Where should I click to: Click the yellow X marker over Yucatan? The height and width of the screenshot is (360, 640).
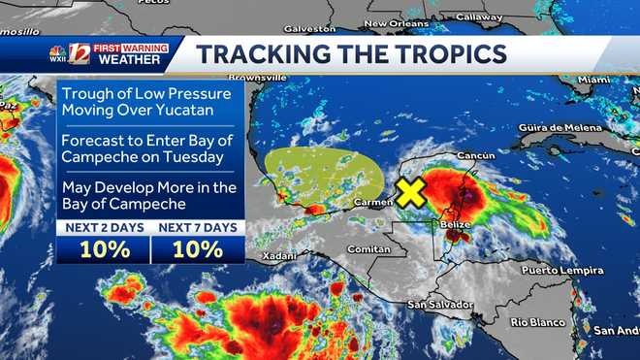(x=411, y=192)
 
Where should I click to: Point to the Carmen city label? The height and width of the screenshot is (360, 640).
(x=373, y=203)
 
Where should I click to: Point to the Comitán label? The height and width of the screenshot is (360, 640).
(x=369, y=249)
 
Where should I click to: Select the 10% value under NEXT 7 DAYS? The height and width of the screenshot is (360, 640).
(x=197, y=248)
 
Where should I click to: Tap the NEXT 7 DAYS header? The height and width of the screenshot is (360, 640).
(x=197, y=227)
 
